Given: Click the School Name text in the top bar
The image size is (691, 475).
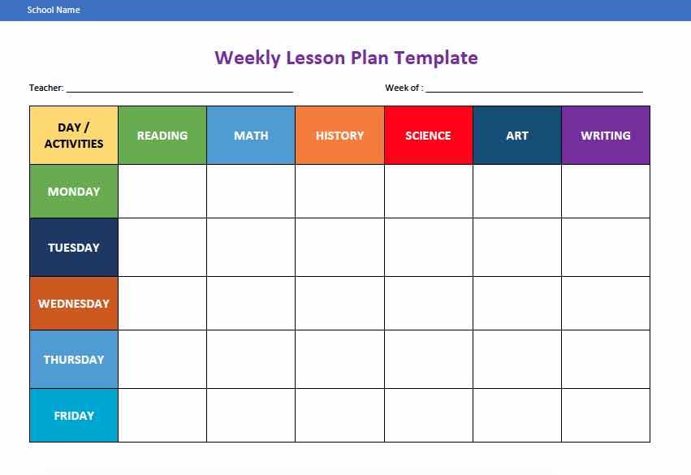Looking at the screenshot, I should click(54, 10).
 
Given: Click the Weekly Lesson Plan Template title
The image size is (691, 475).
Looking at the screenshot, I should click(346, 58).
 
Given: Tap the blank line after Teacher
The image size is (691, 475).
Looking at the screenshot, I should click(179, 89).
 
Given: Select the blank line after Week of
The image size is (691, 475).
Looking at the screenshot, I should click(533, 89).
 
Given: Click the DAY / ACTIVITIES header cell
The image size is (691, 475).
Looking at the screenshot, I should click(74, 136).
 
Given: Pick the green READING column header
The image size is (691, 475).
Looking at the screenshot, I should click(162, 136).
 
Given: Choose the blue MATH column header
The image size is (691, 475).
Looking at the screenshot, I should click(251, 136).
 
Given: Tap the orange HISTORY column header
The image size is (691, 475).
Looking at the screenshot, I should click(339, 136).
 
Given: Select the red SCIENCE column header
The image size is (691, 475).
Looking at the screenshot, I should click(428, 136).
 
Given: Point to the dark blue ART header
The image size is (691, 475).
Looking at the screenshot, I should click(517, 136).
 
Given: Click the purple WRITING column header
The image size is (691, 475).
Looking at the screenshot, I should click(606, 136).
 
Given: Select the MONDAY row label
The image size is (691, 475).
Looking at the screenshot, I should click(74, 192).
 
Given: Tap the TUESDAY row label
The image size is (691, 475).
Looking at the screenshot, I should click(74, 248).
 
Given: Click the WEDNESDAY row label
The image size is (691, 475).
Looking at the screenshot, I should click(74, 304).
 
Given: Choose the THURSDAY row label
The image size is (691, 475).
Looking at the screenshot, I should click(74, 360).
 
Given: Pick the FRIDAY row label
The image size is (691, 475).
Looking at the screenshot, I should click(74, 416).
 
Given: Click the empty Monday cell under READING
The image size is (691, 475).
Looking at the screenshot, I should click(162, 192).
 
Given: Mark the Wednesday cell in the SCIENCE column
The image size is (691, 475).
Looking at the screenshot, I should click(428, 304).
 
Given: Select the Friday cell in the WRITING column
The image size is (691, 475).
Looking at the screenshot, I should click(606, 416).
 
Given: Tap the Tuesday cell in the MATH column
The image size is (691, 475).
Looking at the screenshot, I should click(251, 248).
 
